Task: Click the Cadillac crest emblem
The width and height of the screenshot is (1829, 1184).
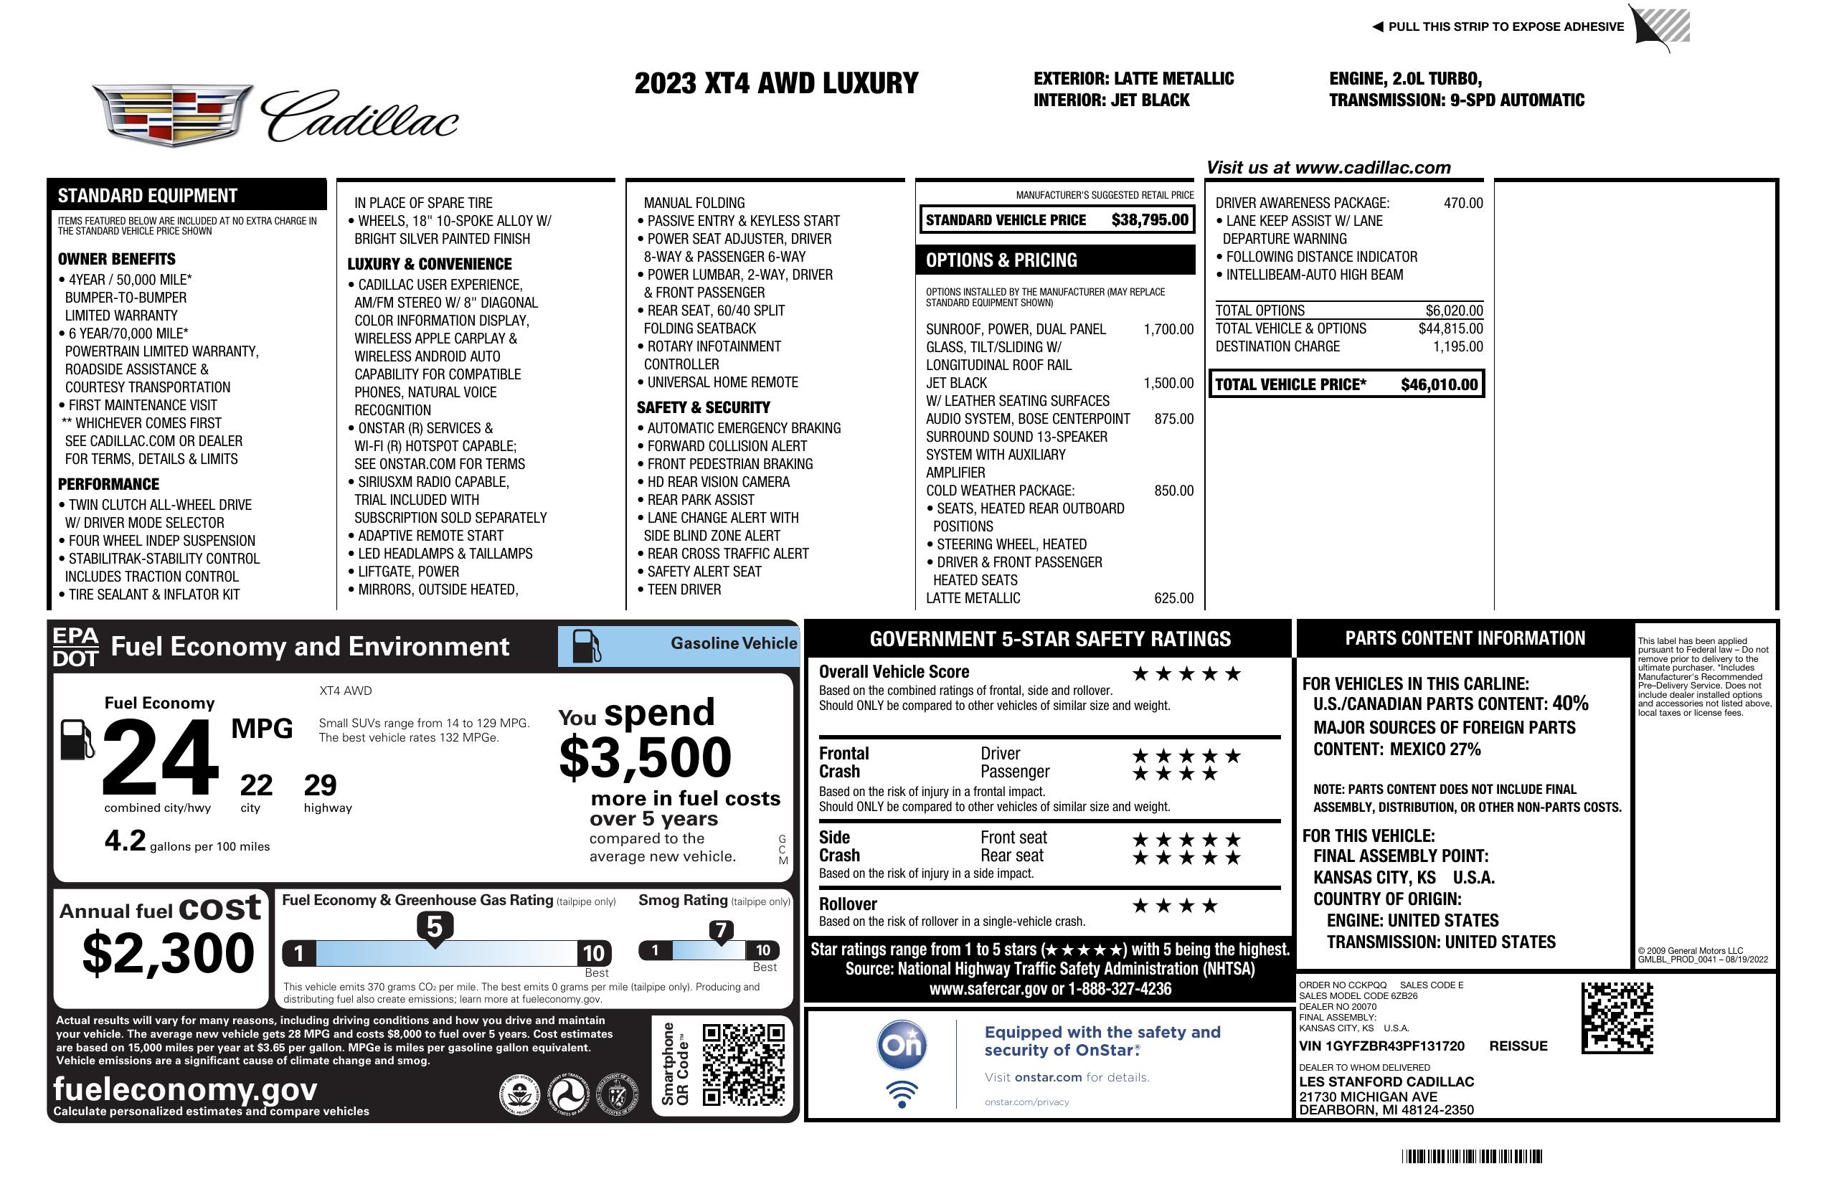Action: tap(172, 115)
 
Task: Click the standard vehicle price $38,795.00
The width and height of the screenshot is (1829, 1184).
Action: tap(1150, 219)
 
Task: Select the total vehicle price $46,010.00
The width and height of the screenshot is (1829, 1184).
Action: tap(1439, 384)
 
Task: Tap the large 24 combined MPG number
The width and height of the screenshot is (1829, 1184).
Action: tap(160, 757)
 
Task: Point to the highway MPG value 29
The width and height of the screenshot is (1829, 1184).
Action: tap(320, 785)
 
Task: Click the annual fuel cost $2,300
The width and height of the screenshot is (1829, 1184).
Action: tap(168, 953)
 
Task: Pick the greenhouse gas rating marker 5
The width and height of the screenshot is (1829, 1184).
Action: tap(434, 927)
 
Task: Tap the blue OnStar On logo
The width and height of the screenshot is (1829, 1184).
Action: tap(902, 1045)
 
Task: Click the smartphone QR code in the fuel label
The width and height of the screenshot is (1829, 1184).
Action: tap(743, 1064)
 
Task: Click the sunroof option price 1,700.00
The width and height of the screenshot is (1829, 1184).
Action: tap(1168, 330)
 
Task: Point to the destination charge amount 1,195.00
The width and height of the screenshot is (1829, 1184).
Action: tap(1457, 346)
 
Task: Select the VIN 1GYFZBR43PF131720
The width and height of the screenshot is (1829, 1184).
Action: tap(1381, 1046)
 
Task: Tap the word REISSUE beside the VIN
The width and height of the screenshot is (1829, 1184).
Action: tap(1518, 1046)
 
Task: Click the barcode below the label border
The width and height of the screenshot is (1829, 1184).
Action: tap(1472, 1156)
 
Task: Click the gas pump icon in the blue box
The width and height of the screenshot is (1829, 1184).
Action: tap(587, 646)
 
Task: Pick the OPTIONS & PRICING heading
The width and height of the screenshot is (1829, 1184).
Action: tap(1001, 260)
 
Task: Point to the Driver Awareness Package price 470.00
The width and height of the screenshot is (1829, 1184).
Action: tap(1463, 203)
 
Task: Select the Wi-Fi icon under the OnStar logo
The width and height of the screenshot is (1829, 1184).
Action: tap(902, 1094)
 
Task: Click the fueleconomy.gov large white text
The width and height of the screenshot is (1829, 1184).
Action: tap(185, 1089)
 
